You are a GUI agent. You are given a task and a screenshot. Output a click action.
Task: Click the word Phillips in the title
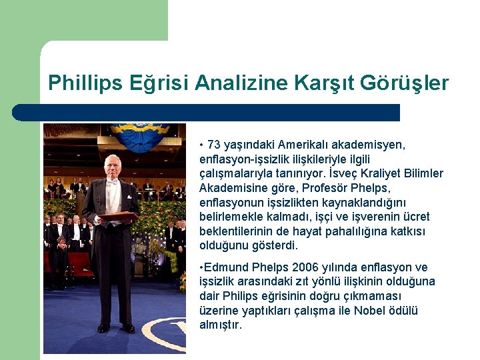(84, 83)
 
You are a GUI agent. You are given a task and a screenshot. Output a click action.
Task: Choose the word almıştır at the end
(221, 325)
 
